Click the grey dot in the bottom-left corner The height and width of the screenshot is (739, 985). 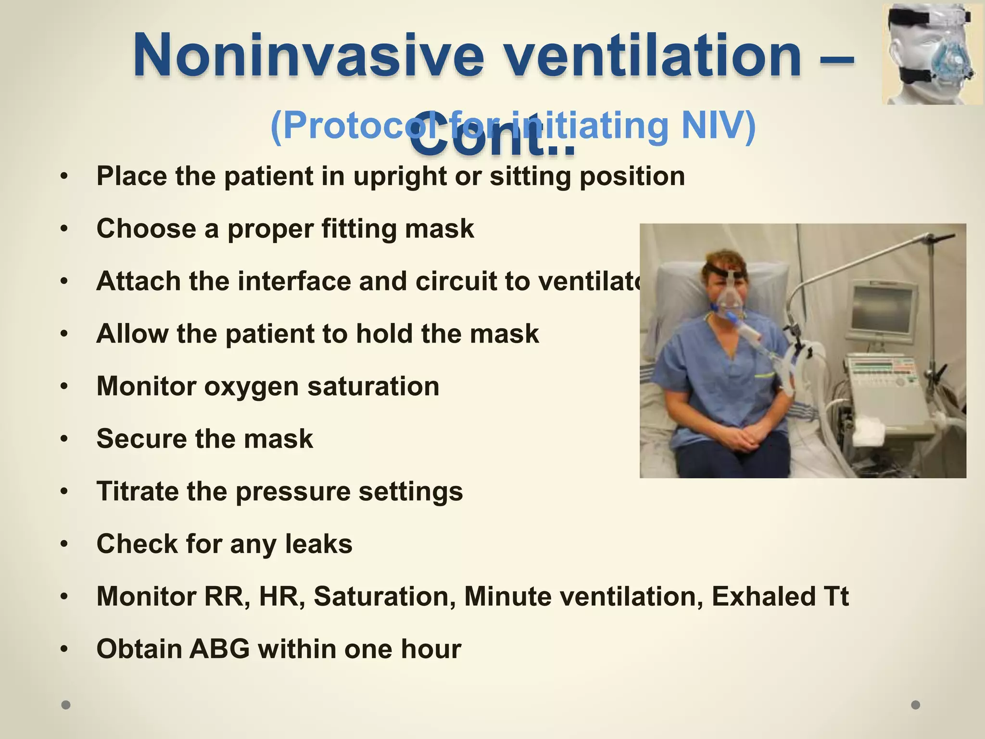[x=66, y=705]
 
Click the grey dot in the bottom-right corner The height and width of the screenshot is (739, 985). [x=916, y=705]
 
